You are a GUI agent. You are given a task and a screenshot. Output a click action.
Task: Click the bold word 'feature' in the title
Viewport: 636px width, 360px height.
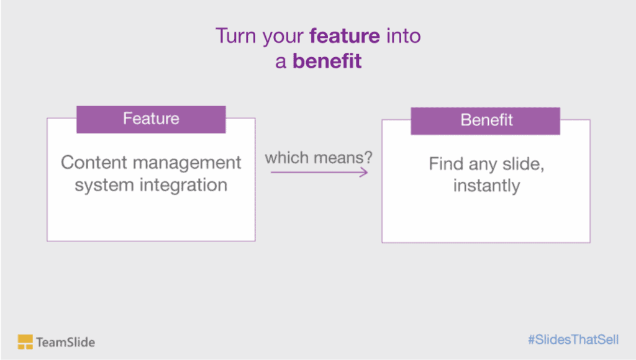click(x=344, y=36)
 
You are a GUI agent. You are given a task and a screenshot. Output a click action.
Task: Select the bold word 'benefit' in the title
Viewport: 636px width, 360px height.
click(x=327, y=61)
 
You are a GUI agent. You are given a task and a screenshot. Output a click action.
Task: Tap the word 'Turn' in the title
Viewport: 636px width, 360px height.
click(x=236, y=36)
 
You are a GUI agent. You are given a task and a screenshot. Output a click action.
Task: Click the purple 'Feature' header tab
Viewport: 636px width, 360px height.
click(x=151, y=119)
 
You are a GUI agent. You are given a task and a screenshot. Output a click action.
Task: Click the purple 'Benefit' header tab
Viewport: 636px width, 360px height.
click(x=486, y=120)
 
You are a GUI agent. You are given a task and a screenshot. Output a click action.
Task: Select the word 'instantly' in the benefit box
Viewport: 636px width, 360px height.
click(x=486, y=186)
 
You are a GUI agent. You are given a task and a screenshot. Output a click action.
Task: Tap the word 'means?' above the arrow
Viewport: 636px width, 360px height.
click(x=343, y=158)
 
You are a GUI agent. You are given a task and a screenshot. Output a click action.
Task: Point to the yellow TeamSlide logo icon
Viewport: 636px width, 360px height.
click(x=25, y=341)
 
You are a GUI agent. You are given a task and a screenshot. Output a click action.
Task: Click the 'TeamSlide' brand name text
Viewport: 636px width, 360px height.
click(x=65, y=342)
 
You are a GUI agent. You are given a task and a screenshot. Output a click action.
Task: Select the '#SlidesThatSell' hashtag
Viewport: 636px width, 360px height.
click(x=573, y=340)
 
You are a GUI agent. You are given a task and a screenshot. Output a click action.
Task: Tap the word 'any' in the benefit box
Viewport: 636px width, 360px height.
click(x=486, y=166)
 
